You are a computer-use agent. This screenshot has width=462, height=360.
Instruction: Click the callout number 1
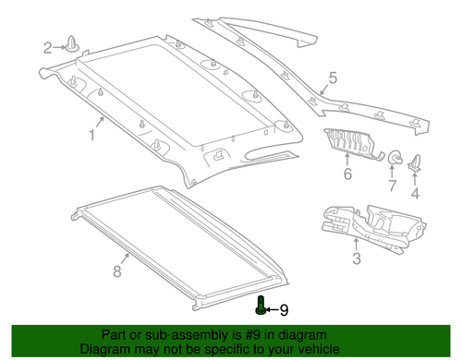point(92,136)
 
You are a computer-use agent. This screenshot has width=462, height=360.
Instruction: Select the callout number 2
point(48,46)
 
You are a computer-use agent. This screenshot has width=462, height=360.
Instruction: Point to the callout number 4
point(415,193)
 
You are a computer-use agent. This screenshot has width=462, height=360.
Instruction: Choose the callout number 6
point(347,173)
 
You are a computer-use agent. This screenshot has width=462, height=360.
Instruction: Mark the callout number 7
point(391,187)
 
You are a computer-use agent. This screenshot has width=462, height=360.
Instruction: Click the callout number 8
point(116,271)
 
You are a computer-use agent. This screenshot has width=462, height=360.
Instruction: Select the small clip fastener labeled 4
point(415,163)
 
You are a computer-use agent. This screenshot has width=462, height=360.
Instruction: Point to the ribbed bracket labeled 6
point(352,143)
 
